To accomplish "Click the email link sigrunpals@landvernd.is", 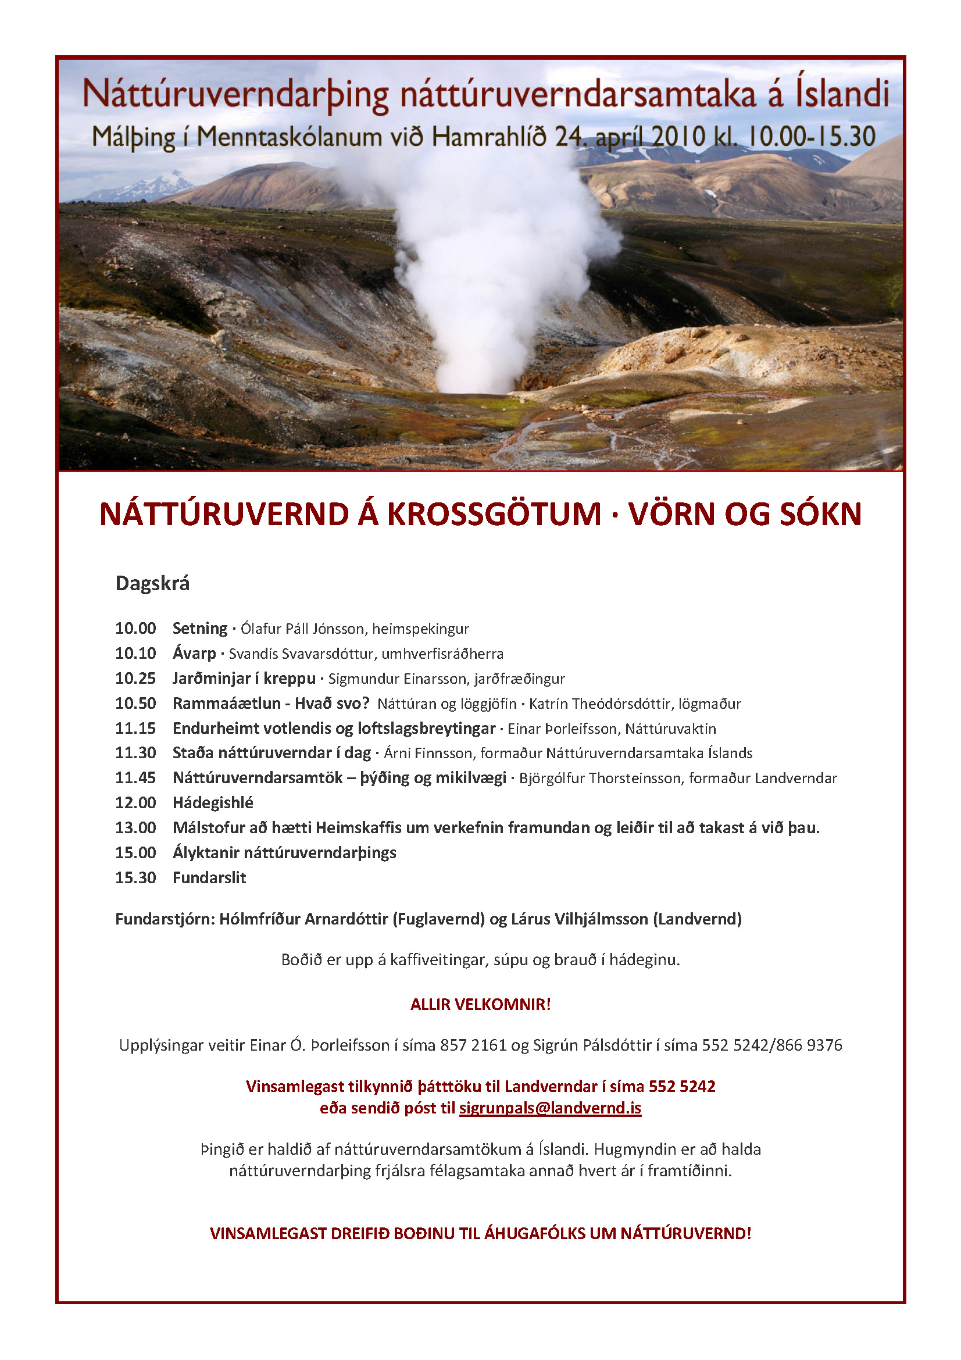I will point(550,1108).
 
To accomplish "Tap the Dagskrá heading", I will point(152,583).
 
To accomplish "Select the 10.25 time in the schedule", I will point(135,678).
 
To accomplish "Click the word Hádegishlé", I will point(213,802).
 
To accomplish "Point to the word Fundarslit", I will point(209,877).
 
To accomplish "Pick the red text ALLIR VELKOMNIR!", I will point(480,1004).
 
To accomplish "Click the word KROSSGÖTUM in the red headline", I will point(494,513).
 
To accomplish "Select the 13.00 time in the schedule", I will point(135,827).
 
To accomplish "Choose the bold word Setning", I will point(199,628).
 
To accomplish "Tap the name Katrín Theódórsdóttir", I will point(598,704).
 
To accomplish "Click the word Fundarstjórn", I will point(163,919).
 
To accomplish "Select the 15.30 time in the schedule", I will point(135,877).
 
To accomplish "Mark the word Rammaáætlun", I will point(226,703).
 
